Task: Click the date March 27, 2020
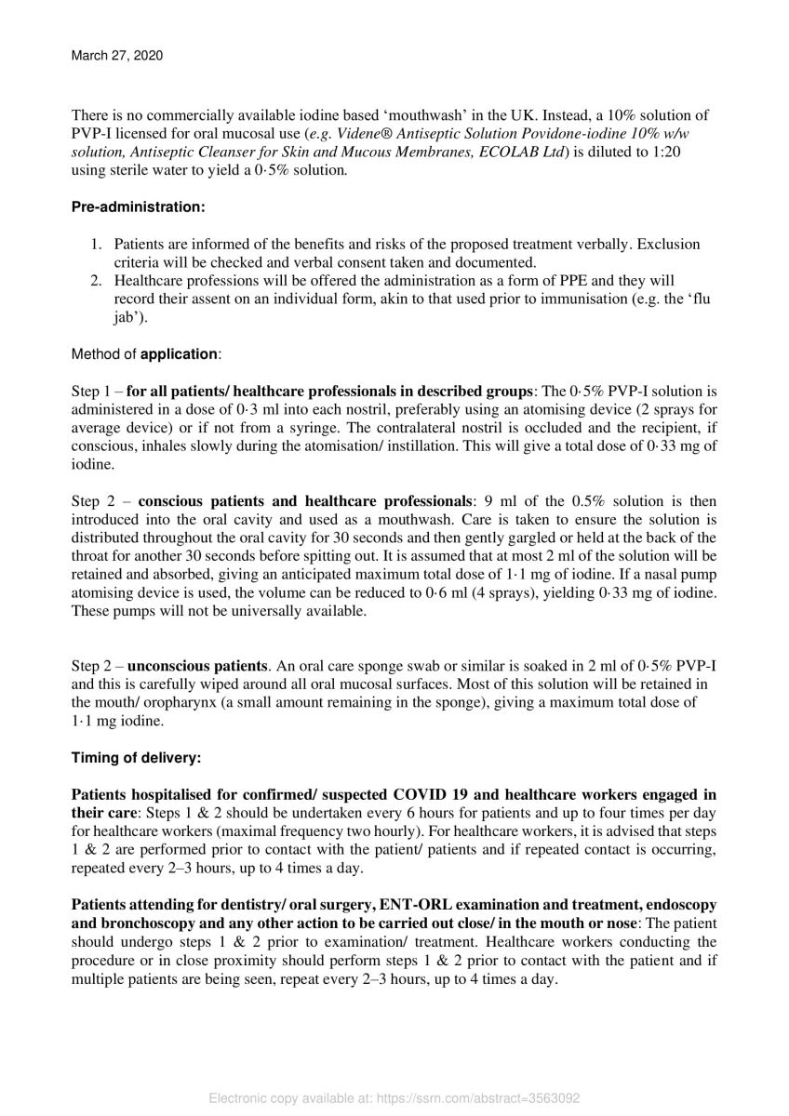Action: coord(117,56)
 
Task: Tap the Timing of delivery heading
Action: coord(136,757)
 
